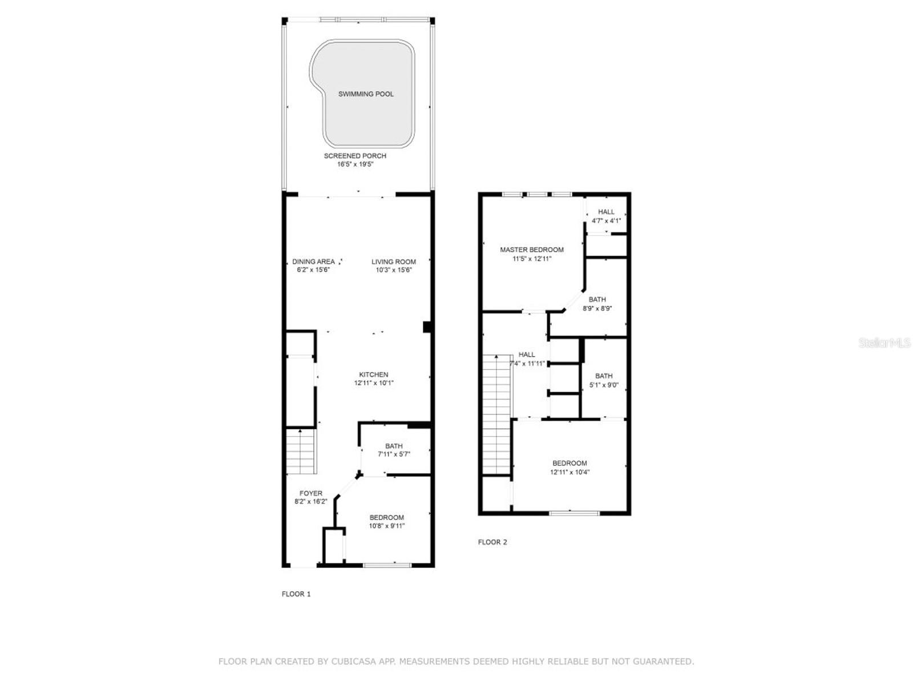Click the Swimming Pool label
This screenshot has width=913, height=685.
(x=366, y=94)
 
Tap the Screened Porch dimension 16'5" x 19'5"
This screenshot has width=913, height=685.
(x=355, y=164)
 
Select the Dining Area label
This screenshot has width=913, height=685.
(x=313, y=262)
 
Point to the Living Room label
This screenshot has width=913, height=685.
(x=394, y=262)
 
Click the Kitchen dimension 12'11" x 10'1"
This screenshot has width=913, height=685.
(x=374, y=384)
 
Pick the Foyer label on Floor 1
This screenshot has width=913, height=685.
(x=311, y=493)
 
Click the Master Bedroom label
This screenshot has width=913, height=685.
(x=532, y=249)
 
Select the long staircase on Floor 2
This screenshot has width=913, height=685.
(x=496, y=414)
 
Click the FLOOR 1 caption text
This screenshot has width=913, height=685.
(x=296, y=594)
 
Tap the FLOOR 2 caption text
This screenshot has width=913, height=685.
(x=492, y=542)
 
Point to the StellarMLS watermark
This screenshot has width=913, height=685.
(x=884, y=342)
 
